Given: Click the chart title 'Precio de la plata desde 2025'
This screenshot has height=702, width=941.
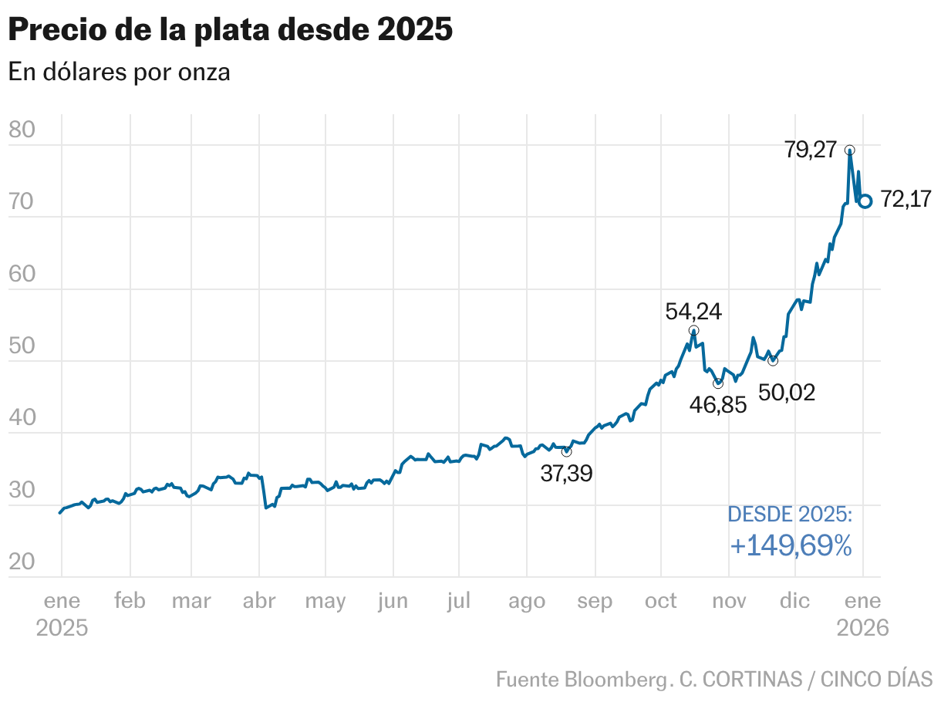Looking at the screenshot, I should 230,30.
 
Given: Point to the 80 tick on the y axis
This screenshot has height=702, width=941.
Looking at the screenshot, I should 22,130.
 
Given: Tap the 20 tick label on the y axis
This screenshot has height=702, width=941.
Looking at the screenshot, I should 22,562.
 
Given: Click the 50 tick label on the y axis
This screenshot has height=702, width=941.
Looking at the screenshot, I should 22,346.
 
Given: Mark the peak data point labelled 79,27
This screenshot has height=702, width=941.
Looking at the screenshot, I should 849,150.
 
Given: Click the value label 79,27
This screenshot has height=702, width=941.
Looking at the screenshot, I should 810,149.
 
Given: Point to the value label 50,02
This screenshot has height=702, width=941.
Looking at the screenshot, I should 787,392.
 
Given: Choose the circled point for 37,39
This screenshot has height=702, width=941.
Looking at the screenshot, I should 566,451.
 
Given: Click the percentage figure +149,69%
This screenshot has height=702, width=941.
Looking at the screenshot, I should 791,546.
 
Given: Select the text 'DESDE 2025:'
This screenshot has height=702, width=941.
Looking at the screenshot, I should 791,515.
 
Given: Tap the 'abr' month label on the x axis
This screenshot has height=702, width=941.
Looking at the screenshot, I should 259,601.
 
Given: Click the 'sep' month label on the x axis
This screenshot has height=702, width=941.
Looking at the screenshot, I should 595,601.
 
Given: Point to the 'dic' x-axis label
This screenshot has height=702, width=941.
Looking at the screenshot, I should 794,601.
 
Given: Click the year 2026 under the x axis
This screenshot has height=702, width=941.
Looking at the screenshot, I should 863,627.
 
